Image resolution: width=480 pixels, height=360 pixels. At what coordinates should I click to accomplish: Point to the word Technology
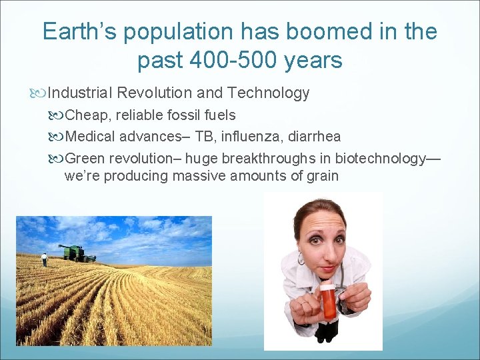click(x=272, y=93)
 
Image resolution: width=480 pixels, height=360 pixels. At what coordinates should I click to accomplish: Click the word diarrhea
click(x=314, y=137)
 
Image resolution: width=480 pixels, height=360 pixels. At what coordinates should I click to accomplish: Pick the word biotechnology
click(x=380, y=158)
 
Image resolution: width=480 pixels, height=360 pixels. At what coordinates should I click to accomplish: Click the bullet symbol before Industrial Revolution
click(x=41, y=93)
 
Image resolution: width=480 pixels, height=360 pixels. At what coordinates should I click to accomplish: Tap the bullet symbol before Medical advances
click(x=59, y=137)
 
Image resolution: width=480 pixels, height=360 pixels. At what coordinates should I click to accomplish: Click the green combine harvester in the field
click(x=75, y=253)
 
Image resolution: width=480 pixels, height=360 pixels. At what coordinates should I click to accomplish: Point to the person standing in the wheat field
click(x=45, y=259)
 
